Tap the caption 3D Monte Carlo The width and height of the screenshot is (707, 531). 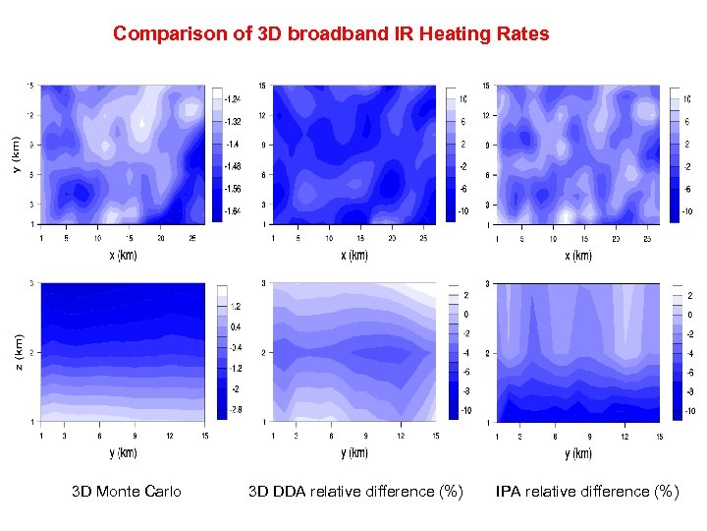(x=126, y=492)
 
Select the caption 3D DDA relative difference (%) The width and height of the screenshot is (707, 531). (x=354, y=492)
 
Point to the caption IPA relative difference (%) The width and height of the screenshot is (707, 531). (x=587, y=492)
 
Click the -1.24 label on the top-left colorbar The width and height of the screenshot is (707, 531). (x=234, y=98)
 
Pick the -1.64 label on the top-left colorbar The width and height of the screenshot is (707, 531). (x=234, y=210)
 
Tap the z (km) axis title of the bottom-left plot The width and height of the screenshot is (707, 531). (x=17, y=350)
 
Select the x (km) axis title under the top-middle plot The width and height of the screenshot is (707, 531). (x=354, y=256)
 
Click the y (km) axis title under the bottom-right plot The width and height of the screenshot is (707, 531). (x=578, y=453)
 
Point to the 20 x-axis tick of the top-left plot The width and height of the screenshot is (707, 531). (x=161, y=237)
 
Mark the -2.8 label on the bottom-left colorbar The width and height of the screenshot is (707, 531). (x=236, y=408)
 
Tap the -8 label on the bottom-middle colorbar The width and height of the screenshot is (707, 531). (x=466, y=390)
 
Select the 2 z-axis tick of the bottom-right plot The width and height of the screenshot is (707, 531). (x=488, y=353)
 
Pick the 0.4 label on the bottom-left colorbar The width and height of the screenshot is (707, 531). (x=236, y=325)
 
